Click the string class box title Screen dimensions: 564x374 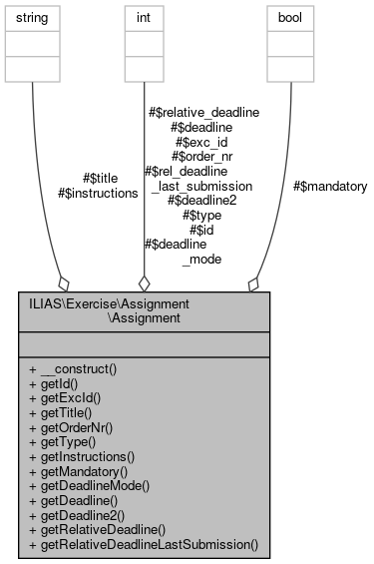(33, 17)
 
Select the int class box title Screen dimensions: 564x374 (144, 17)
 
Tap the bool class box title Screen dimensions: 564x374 (291, 17)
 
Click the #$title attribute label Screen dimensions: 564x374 (99, 178)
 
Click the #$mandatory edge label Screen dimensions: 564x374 (330, 186)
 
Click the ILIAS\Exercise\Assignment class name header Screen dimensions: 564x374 (144, 310)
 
